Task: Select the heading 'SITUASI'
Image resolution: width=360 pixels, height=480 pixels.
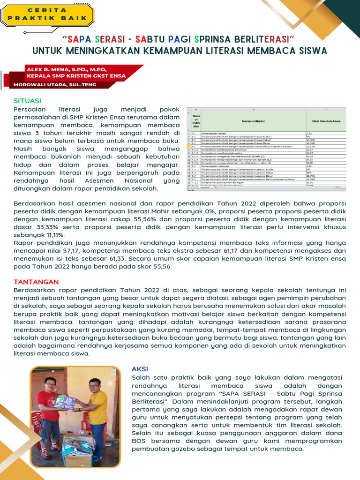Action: [27, 101]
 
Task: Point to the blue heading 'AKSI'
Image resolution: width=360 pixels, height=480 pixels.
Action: [140, 369]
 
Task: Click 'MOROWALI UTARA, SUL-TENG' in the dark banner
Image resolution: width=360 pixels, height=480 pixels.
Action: [55, 85]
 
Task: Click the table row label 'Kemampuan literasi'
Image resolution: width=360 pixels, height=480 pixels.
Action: [215, 134]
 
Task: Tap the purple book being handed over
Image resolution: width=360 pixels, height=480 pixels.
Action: [66, 401]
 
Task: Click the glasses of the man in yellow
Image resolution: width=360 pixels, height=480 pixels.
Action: [94, 387]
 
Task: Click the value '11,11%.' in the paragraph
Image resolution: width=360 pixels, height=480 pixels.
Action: [52, 235]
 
